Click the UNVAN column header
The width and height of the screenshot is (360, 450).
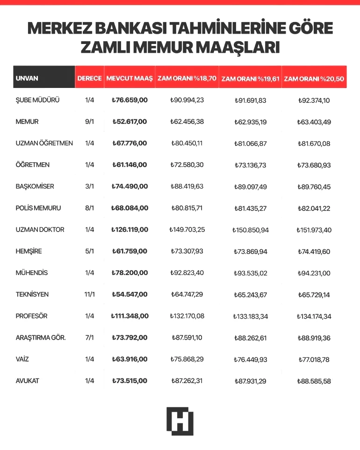pos(27,78)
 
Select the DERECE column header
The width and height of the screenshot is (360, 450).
pos(89,78)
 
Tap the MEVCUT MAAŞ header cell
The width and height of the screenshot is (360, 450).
pos(130,78)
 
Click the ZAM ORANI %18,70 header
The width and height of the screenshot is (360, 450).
pos(187,78)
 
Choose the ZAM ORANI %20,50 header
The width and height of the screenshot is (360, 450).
pos(314,79)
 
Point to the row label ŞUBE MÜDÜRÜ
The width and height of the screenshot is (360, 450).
pos(37,100)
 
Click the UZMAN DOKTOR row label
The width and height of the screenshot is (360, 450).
pos(40,230)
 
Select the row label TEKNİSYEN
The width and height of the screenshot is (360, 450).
pos(32,294)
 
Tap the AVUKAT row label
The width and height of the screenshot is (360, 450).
pos(28,381)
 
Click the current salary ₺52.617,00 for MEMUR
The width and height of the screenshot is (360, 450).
pos(130,122)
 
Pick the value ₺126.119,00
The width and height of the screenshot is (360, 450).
pos(130,230)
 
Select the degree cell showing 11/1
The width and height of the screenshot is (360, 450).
pos(90,294)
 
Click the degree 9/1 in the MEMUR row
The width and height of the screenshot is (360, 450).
pos(90,122)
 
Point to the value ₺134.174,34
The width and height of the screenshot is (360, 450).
pos(314,316)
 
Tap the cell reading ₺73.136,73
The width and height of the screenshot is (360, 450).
pos(251,165)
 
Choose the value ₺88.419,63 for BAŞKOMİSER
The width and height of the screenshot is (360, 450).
pos(187,186)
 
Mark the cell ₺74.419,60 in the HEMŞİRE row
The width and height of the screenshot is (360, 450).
pos(314,251)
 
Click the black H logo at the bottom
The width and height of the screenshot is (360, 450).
pos(180,421)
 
